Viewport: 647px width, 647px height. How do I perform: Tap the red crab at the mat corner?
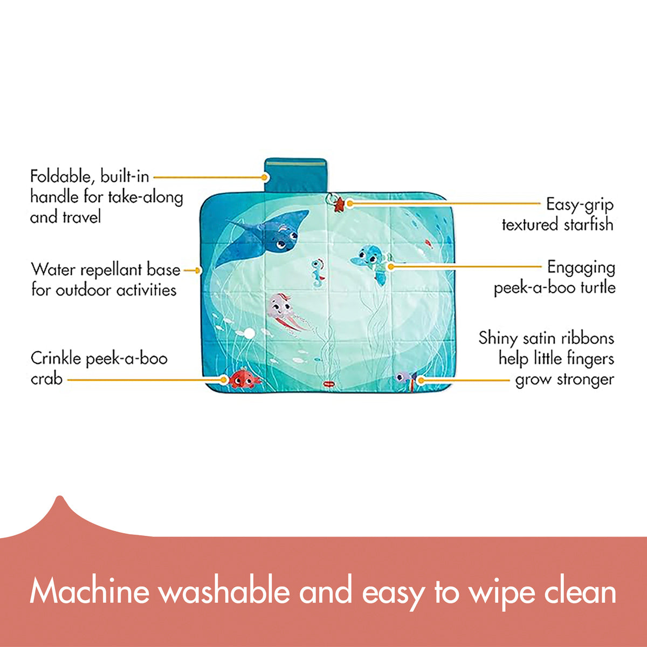[243, 379]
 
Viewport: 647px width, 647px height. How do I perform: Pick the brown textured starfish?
[340, 204]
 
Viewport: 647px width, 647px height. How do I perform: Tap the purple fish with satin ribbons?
[404, 377]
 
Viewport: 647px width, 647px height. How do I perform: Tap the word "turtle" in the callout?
[597, 287]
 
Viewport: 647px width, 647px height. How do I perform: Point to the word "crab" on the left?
[46, 379]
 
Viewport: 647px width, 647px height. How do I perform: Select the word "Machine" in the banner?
[90, 591]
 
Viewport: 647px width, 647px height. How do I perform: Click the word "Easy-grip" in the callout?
[580, 204]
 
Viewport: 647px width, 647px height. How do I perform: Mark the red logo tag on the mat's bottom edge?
[327, 383]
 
